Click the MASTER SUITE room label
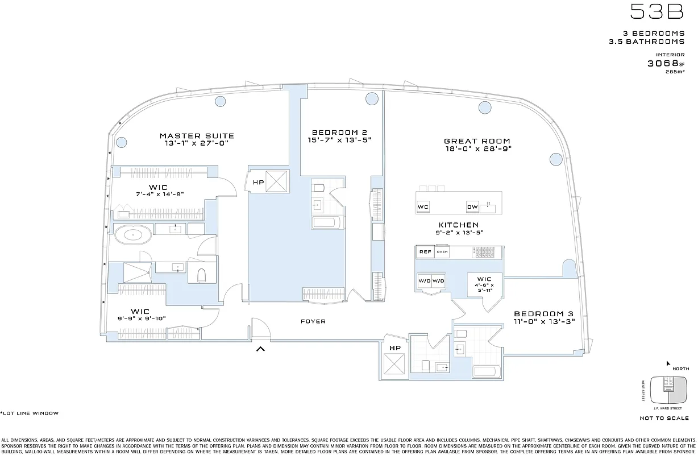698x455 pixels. [197, 136]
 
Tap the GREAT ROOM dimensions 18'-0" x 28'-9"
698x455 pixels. [477, 149]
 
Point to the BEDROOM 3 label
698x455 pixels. [543, 314]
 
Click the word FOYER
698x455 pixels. [313, 322]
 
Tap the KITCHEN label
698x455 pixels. [458, 225]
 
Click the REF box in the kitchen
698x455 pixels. [425, 252]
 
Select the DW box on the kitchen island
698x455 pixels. [472, 207]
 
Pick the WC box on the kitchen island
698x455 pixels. [423, 207]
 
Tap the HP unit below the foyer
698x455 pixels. [394, 348]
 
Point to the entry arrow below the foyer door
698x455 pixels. [260, 349]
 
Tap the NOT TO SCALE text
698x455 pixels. [664, 418]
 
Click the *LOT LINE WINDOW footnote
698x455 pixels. [29, 413]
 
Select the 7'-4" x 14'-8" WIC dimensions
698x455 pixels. [159, 194]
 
